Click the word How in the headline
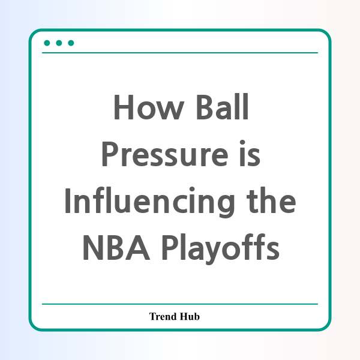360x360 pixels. [149, 107]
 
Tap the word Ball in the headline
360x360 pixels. [222, 106]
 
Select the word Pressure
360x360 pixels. [164, 154]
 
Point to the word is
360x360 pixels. [250, 153]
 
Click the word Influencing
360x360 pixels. [150, 201]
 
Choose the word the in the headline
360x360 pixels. [271, 200]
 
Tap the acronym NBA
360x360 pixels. [116, 247]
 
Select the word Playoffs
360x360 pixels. [221, 248]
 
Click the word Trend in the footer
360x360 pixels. [163, 316]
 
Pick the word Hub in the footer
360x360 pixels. [190, 316]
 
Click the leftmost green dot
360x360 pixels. [47, 43]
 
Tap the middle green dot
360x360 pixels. [59, 43]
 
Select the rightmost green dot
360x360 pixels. [71, 43]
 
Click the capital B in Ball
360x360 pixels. [205, 107]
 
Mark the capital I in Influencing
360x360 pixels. [67, 201]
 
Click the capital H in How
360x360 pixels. [124, 107]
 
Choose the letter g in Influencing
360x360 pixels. [226, 205]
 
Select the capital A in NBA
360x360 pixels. [139, 248]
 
